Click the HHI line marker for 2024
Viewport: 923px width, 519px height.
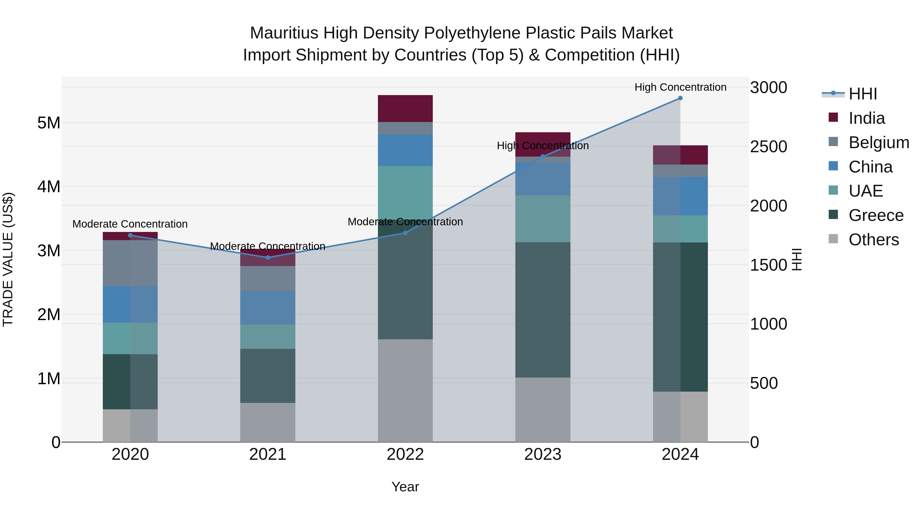point(680,98)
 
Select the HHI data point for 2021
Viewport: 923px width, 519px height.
point(268,258)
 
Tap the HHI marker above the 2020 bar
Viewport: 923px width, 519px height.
point(130,235)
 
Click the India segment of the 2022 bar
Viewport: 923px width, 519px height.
point(405,108)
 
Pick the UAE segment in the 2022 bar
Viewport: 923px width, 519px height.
point(405,193)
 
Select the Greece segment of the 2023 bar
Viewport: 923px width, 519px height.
point(543,310)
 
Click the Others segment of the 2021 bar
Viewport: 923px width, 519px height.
point(268,422)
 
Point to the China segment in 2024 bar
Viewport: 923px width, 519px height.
point(680,196)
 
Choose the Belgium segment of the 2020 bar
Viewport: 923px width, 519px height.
point(130,263)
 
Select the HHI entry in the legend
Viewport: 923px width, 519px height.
point(862,94)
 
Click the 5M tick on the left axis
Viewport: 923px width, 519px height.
point(49,123)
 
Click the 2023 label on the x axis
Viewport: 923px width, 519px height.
point(543,454)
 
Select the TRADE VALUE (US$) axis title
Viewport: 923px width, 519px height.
point(8,259)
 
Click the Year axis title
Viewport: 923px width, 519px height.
point(405,487)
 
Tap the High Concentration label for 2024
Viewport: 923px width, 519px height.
point(680,87)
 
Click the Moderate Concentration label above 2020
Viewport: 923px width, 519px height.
point(130,224)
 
